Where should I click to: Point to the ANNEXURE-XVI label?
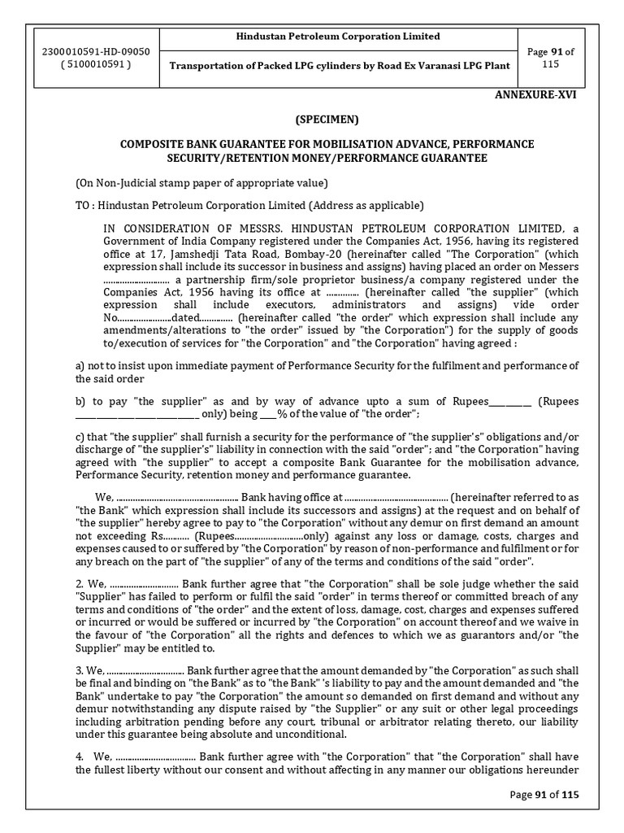pyautogui.click(x=537, y=94)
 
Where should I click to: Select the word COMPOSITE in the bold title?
pyautogui.click(x=155, y=144)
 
